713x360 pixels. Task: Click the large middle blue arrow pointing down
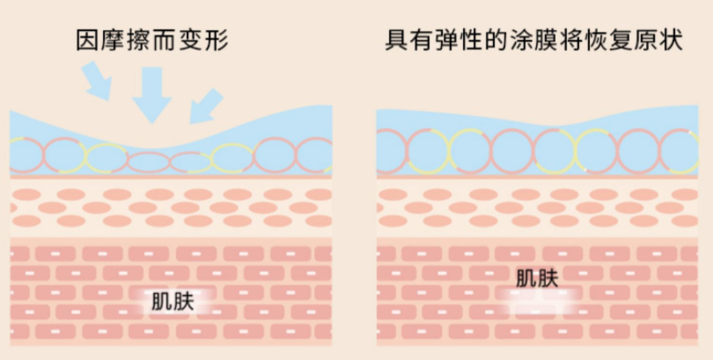[151, 92]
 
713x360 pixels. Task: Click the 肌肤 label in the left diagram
[173, 301]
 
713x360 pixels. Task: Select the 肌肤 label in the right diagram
[536, 280]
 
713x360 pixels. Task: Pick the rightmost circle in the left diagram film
[315, 153]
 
